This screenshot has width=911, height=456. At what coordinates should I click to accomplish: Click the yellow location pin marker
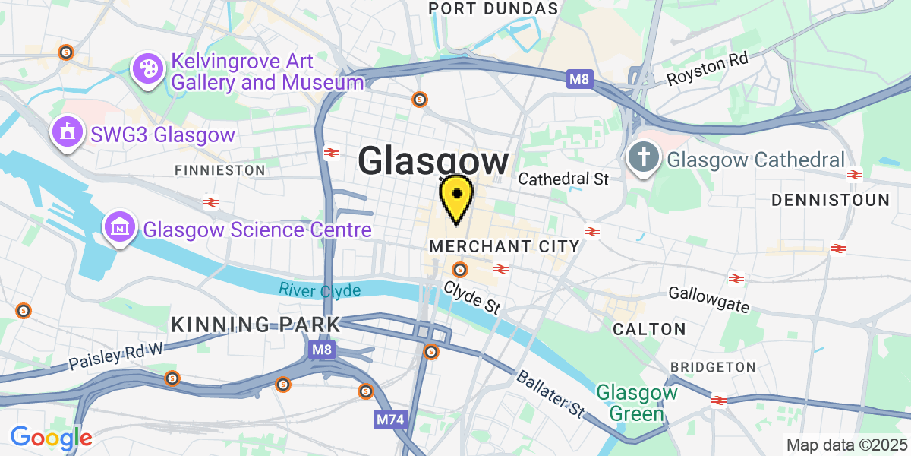coord(456,198)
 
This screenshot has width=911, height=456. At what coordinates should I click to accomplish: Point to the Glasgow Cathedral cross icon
coord(643,160)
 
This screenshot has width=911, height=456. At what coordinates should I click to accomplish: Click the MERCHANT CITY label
coord(504,246)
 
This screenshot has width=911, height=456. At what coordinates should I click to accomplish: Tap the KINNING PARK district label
coord(255,325)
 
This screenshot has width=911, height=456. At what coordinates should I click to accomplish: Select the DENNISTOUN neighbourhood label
coord(830,200)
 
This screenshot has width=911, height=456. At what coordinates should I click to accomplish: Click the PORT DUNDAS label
coord(493,8)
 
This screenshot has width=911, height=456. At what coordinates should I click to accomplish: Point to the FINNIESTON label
coord(220,169)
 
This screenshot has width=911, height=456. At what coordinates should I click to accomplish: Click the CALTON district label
coord(649,329)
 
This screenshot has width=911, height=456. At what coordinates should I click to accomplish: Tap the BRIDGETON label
coord(713,367)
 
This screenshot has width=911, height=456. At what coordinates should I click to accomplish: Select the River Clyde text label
coord(319,290)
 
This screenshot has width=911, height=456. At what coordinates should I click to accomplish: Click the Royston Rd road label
coord(708,68)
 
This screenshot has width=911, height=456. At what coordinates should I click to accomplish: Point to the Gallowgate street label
coord(709,299)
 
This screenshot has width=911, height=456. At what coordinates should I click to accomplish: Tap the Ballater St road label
coord(550,394)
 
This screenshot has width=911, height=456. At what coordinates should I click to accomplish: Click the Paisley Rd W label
coord(116,353)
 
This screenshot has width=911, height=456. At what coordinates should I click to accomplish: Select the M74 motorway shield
coord(388,419)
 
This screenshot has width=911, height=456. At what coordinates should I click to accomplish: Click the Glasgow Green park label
coord(636,403)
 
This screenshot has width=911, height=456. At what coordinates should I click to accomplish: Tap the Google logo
coord(51,438)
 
